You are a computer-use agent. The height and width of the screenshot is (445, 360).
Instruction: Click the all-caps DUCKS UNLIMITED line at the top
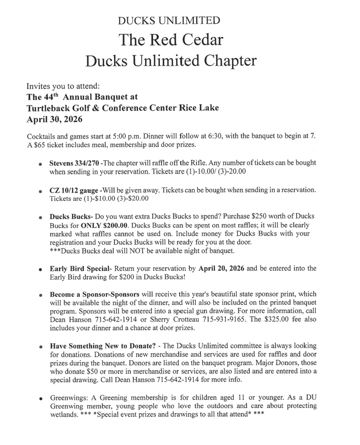point(169,20)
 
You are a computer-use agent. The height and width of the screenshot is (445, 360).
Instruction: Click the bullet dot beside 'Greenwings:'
point(41,399)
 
